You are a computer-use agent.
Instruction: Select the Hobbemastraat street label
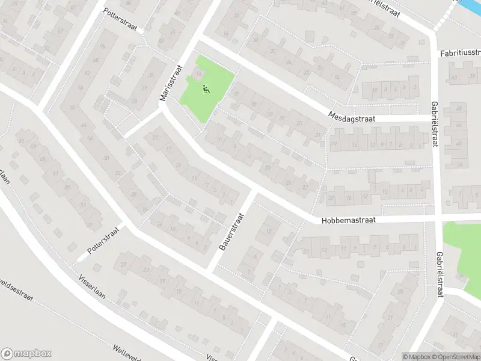click(348, 220)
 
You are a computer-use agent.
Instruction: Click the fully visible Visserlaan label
click(92, 291)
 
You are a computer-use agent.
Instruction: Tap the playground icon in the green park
click(205, 90)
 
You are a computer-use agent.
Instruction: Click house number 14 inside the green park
click(198, 75)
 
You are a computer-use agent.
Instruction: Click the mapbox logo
click(26, 354)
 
